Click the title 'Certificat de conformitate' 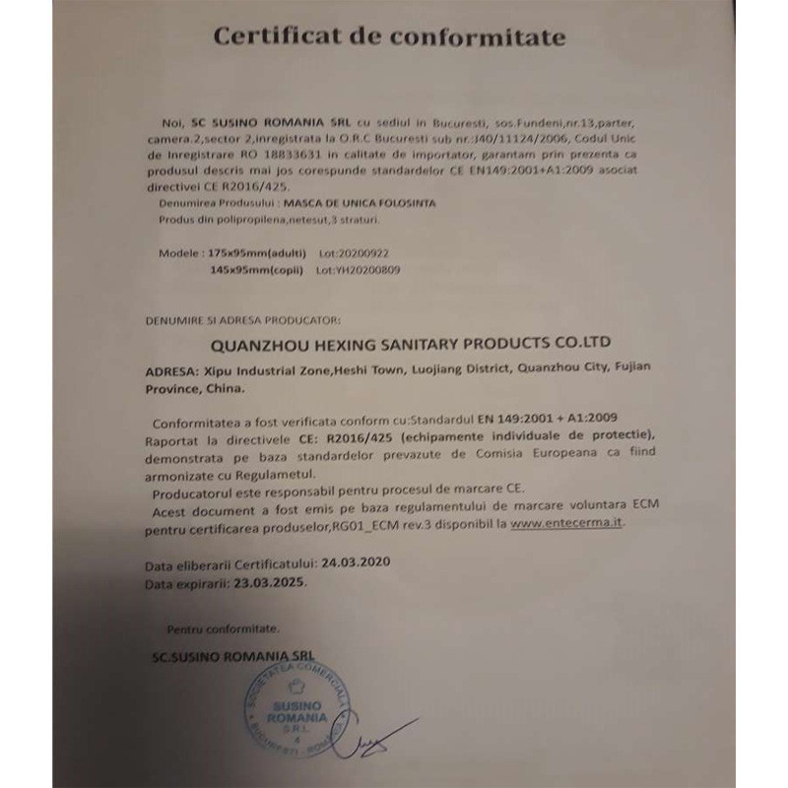[390, 37]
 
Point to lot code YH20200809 [359, 268]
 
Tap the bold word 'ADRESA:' [168, 372]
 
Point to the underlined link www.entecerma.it [567, 524]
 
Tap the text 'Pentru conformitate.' [223, 627]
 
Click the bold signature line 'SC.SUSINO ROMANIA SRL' [233, 654]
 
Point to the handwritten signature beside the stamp [374, 740]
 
